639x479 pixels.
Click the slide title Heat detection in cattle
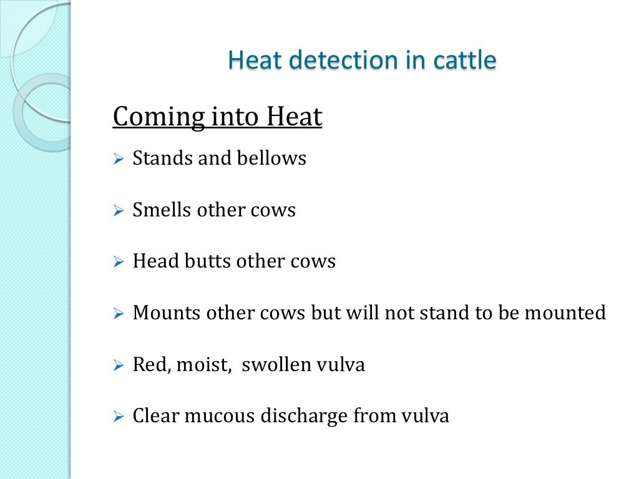coord(362,60)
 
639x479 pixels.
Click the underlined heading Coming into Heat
coord(217,117)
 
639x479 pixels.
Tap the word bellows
coord(271,158)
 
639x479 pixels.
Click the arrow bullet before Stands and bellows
coord(119,160)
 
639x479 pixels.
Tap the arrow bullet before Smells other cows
coord(119,211)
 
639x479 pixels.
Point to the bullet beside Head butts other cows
coord(119,263)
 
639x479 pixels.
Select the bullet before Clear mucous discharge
coord(119,417)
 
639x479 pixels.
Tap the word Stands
coord(162,158)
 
